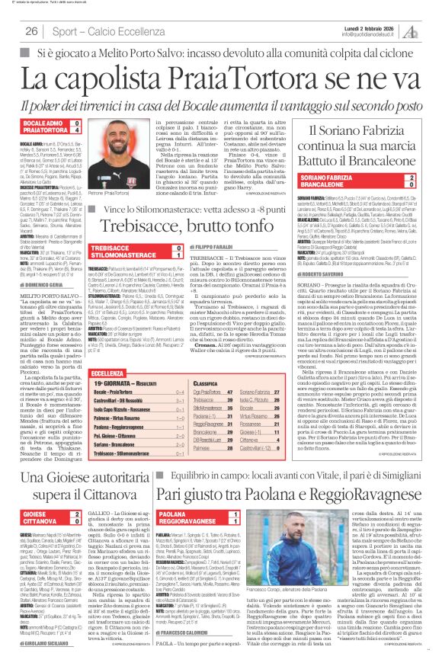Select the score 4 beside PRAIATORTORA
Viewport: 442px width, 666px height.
coord(78,133)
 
